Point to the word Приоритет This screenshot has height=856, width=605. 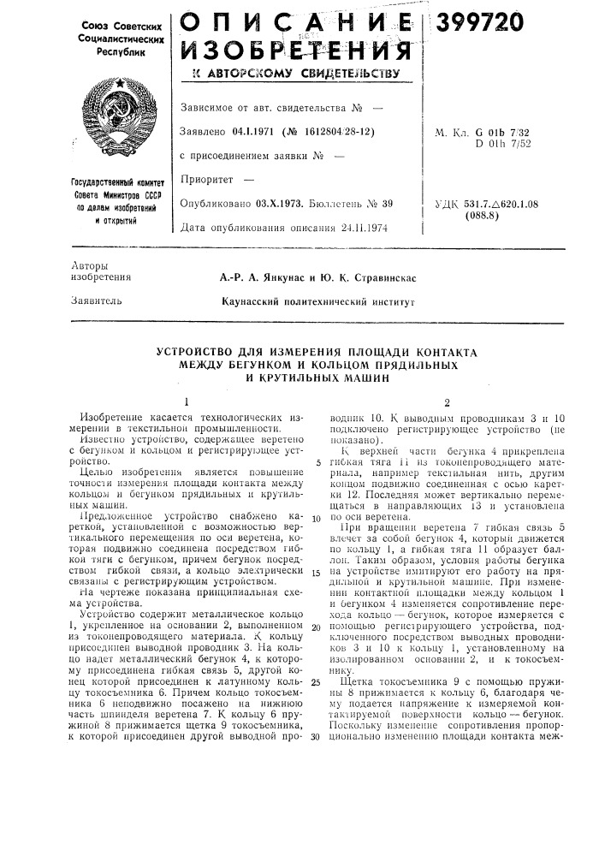[x=204, y=181]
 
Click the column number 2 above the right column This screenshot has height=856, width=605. [x=445, y=401]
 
